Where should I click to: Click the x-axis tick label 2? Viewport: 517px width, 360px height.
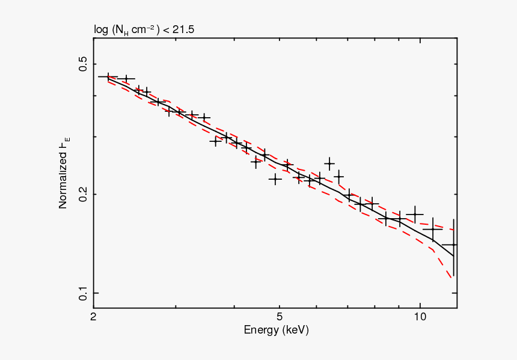coord(93,317)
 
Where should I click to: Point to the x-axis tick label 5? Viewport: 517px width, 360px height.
coord(279,317)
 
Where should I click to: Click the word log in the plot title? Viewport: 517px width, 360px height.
coord(100,29)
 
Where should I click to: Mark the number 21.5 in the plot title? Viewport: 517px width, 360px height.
coord(183,29)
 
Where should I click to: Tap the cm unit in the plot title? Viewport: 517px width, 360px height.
coord(142,29)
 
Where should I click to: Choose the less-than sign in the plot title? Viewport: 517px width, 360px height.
coord(166,29)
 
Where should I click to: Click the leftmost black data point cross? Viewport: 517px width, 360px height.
coord(108,77)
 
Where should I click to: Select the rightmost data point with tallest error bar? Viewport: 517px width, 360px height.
coord(453,245)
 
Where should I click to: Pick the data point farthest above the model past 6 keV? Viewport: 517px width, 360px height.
coord(329,163)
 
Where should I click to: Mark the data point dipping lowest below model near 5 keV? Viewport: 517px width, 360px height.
coord(275,178)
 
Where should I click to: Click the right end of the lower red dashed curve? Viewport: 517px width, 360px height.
coord(452,279)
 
